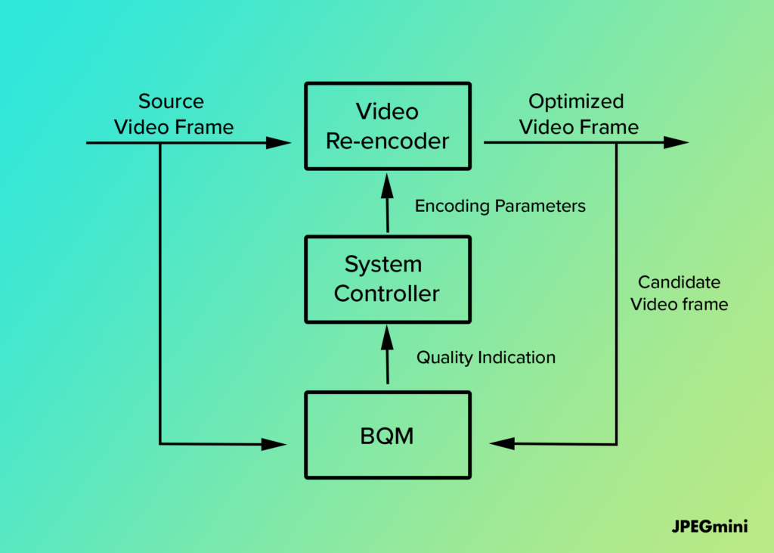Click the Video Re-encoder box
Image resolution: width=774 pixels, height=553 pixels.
[388, 126]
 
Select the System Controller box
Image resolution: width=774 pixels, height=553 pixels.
[388, 279]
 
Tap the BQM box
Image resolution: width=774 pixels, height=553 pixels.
[388, 436]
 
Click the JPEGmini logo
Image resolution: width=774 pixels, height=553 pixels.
[710, 527]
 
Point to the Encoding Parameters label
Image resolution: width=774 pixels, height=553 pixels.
[500, 206]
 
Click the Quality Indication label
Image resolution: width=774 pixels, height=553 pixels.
[486, 357]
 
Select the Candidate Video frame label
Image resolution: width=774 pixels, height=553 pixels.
[680, 293]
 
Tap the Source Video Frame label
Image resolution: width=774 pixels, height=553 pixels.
[173, 114]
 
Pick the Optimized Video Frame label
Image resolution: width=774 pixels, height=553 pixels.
[578, 114]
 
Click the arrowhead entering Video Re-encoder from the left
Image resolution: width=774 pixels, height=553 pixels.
[278, 143]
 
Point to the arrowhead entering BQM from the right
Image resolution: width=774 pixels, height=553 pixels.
[502, 443]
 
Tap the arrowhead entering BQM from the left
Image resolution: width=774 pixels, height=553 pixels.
[274, 444]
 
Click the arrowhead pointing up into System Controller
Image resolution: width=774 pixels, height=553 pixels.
[388, 338]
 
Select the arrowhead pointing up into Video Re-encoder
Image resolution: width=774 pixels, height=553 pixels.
[388, 186]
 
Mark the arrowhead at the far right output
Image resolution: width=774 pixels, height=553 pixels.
[676, 142]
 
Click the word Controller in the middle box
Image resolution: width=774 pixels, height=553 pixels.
[386, 294]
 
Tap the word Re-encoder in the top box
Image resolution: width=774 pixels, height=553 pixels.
[388, 141]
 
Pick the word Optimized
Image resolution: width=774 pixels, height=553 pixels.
[576, 102]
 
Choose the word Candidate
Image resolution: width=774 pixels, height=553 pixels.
[680, 282]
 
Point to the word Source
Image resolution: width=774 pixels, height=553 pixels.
[171, 101]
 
